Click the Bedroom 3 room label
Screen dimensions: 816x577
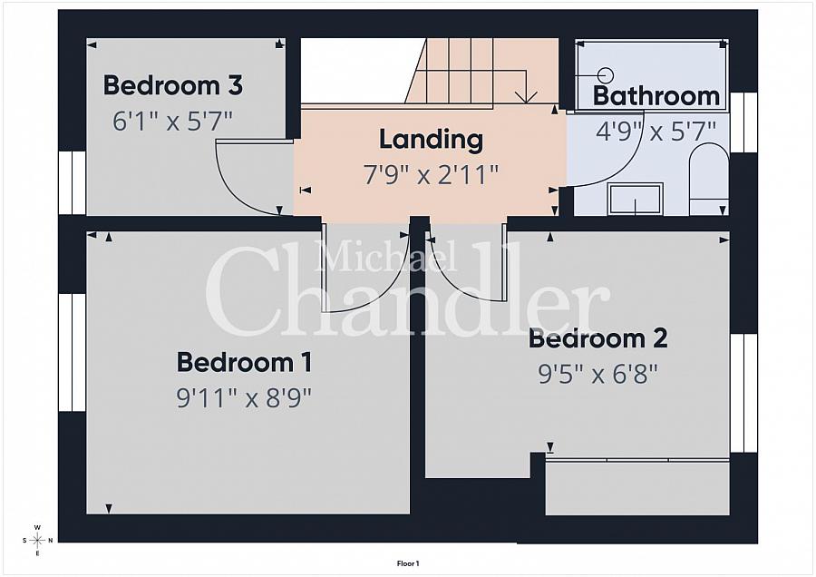point(173,85)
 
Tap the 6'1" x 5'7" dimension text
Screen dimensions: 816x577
point(172,122)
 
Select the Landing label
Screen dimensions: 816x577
point(431,140)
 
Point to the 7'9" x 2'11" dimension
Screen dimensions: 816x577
point(431,174)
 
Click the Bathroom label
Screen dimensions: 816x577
point(656,96)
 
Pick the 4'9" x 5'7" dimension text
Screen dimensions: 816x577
point(656,131)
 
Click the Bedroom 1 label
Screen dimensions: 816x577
point(245,363)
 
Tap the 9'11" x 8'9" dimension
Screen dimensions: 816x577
point(244,399)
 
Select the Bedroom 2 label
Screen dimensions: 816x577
point(598,338)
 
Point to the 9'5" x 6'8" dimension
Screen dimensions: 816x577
point(598,374)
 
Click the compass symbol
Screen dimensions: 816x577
point(37,540)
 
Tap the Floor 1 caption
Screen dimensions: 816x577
point(408,563)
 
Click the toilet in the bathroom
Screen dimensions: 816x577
point(709,180)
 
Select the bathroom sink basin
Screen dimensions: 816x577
point(636,199)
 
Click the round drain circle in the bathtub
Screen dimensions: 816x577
point(605,75)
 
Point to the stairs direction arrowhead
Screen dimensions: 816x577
point(527,97)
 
